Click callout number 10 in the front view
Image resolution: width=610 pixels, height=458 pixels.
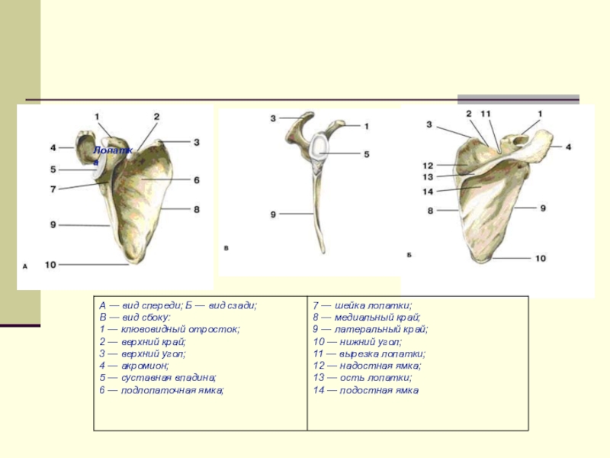pos(50,265)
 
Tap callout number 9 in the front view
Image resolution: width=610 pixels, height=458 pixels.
pos(53,224)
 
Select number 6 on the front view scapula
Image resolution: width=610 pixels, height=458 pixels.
pos(196,180)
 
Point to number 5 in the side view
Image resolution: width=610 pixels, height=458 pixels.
pos(366,153)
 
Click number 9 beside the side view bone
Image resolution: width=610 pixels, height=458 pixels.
pos(272,215)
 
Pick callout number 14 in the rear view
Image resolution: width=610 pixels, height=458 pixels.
pos(428,192)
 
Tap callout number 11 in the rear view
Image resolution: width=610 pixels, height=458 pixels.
pos(486,114)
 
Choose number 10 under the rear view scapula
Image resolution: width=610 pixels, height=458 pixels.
pos(540,259)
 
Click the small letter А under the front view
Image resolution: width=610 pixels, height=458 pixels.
pos(25,266)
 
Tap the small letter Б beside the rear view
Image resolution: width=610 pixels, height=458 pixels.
pos(409,254)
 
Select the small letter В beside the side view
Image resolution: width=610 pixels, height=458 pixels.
pos(226,248)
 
